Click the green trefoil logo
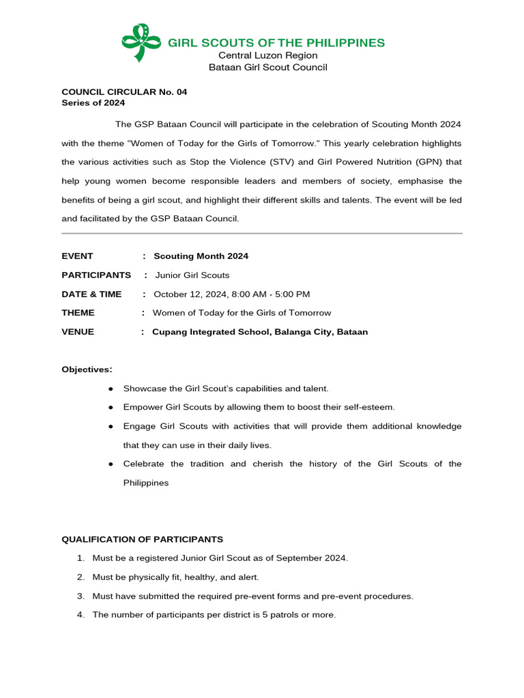[141, 42]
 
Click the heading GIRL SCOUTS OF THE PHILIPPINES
[276, 43]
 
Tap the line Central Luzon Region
[267, 55]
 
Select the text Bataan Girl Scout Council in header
[267, 67]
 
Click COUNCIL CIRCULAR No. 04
[124, 91]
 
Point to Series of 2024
[93, 103]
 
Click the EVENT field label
[77, 256]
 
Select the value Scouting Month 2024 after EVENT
[201, 256]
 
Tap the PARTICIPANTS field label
[96, 275]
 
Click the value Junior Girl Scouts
[192, 275]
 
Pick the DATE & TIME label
[91, 294]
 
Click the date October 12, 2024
[190, 294]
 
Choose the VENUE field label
[78, 332]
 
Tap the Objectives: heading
[87, 369]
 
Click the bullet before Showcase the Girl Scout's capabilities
[111, 389]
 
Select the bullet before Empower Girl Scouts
[111, 408]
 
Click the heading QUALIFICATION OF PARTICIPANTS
[143, 539]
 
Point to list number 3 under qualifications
[81, 596]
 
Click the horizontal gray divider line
[262, 234]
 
